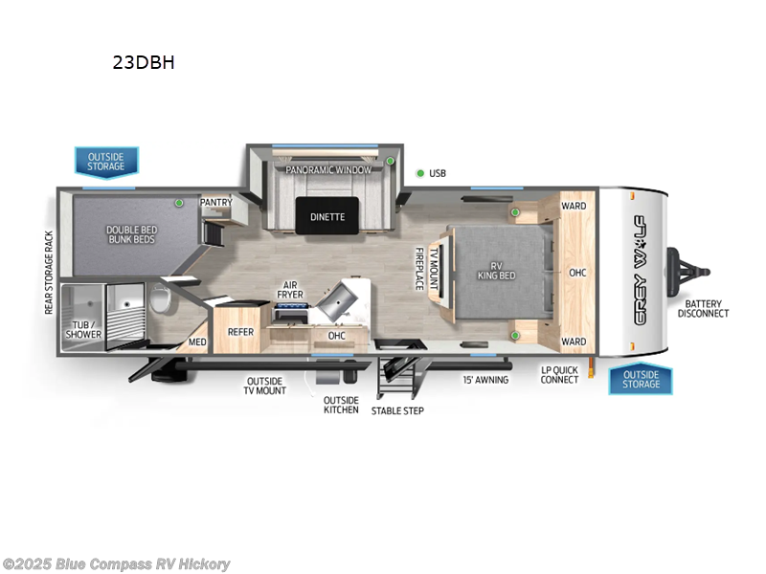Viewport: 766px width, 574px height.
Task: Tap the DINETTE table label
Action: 327,217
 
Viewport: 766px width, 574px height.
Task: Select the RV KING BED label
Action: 497,270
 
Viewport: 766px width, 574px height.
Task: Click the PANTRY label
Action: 215,203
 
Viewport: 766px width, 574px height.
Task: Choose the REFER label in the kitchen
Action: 239,332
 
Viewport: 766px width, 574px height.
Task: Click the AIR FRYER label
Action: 291,291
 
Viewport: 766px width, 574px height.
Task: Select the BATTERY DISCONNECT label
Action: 704,308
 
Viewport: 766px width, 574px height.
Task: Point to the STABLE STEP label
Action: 397,410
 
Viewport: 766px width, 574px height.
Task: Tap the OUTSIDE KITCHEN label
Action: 341,405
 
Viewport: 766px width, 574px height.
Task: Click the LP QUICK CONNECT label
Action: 559,374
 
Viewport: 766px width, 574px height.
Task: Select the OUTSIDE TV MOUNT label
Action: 265,386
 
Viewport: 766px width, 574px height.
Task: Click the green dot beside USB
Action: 419,173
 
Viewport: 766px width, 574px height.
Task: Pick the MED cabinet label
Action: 197,342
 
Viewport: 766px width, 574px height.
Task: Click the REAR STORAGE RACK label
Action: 49,272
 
